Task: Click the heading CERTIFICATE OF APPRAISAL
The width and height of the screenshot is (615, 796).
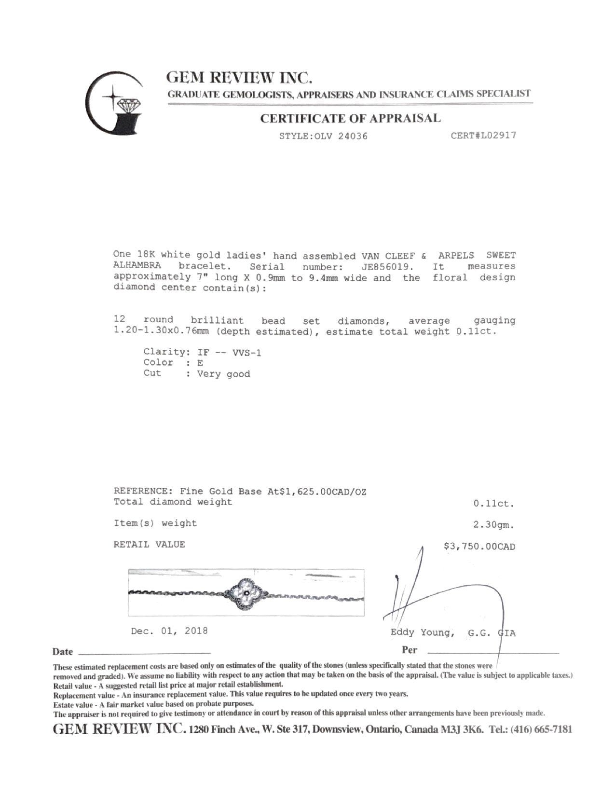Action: click(350, 119)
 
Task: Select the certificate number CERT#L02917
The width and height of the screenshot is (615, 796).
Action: click(483, 135)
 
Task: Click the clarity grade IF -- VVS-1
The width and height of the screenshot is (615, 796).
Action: click(229, 352)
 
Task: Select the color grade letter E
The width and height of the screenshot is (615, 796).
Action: click(200, 363)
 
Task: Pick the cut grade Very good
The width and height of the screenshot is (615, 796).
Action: click(223, 374)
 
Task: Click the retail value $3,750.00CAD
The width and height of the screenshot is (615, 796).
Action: click(479, 547)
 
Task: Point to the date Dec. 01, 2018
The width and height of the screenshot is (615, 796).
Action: click(169, 631)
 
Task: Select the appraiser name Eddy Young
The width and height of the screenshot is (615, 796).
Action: click(421, 632)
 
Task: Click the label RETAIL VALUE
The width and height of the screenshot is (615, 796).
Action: click(149, 545)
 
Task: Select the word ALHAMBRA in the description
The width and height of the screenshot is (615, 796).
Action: click(137, 266)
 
